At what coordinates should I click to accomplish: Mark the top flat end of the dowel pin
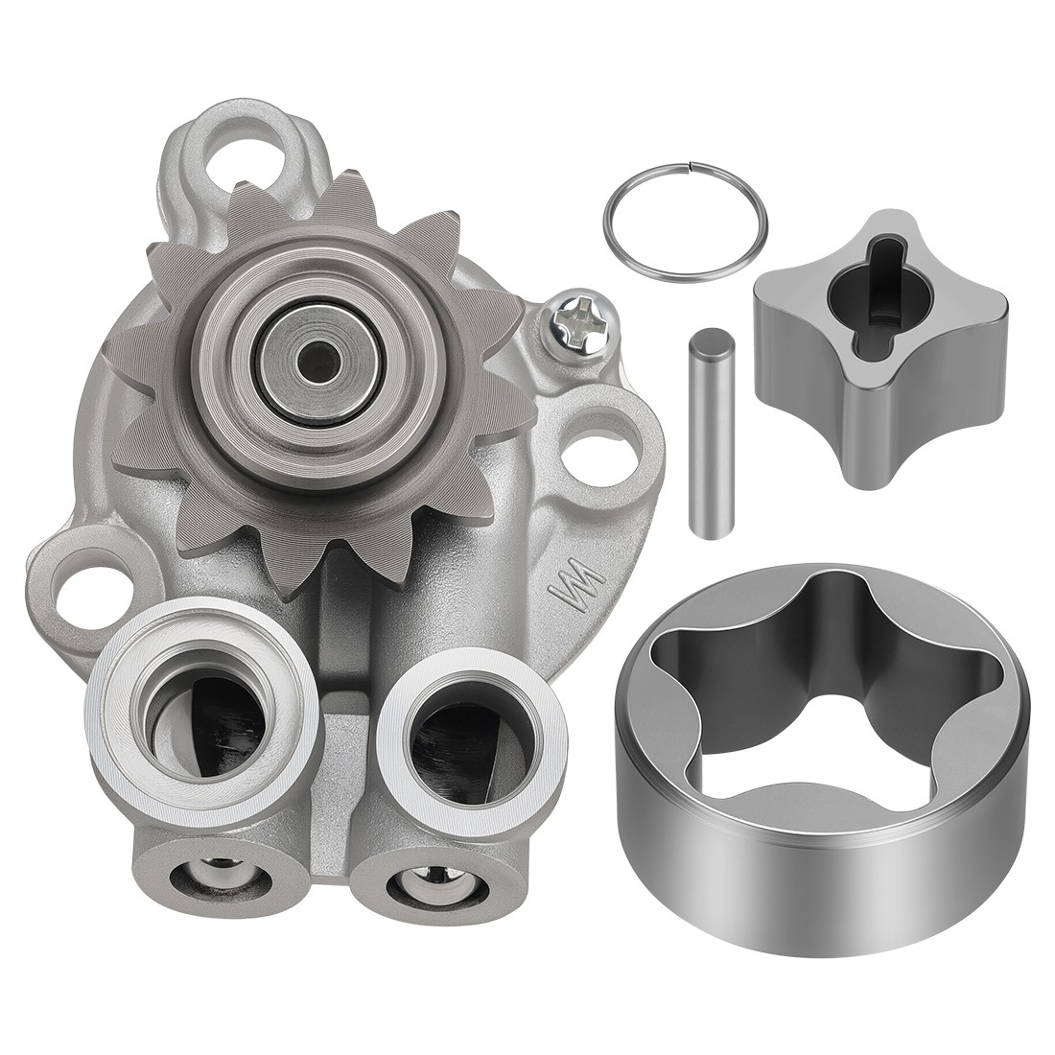click(711, 339)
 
